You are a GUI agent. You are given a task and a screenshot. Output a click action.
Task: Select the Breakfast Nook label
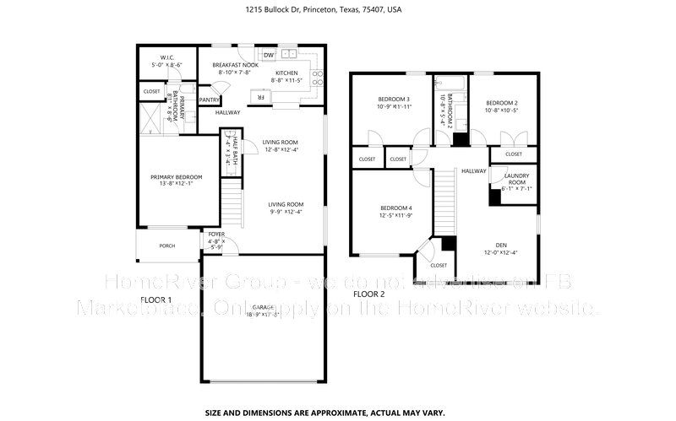point(235,65)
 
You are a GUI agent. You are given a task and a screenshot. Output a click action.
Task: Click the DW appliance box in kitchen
point(269,55)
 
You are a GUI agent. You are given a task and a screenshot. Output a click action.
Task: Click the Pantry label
point(210,100)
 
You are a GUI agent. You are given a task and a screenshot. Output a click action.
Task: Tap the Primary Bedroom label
point(176,177)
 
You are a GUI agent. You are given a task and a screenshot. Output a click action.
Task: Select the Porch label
point(167,246)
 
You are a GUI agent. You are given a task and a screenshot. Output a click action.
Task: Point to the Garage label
point(262,309)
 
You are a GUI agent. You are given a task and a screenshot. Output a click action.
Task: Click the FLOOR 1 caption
point(155,300)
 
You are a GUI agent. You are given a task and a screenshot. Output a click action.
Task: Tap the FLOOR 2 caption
point(368,294)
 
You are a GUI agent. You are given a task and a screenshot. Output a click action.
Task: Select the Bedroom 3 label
point(394,100)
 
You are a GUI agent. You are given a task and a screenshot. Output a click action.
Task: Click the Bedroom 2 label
point(501,101)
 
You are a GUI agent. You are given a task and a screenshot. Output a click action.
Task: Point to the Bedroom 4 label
point(396,208)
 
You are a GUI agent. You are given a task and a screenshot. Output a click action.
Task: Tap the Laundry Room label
point(516,180)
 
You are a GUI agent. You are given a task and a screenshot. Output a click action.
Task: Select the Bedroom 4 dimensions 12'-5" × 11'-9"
point(396,215)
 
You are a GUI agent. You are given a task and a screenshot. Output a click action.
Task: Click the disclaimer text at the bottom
point(337,413)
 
